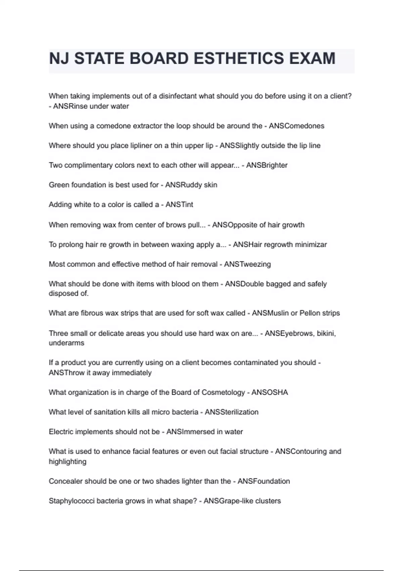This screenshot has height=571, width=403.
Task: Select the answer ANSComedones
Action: [x=297, y=126]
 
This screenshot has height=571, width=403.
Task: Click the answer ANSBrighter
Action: [x=267, y=165]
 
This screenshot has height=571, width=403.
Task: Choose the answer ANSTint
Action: [x=179, y=205]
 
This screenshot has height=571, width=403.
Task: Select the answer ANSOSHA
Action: [x=270, y=392]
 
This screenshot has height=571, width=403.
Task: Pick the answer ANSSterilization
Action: [x=231, y=412]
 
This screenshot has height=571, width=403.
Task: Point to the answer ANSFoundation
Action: [x=264, y=481]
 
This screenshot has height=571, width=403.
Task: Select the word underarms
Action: [x=66, y=343]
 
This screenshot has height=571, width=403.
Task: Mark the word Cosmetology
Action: [x=223, y=392]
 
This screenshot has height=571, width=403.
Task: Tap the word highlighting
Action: [x=68, y=462]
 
